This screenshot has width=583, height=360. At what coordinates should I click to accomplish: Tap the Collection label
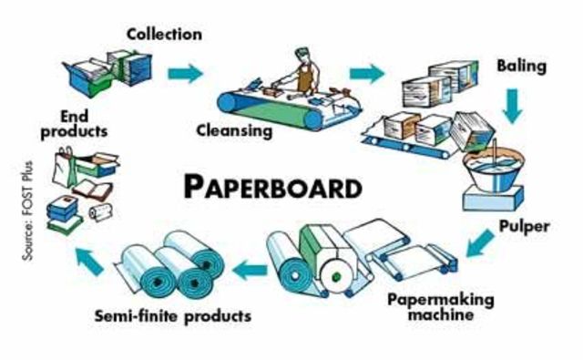point(164,34)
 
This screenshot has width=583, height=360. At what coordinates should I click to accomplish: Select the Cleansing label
point(235,130)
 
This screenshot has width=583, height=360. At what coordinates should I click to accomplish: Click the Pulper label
point(525,224)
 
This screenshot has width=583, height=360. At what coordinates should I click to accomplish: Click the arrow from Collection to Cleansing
point(186,74)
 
